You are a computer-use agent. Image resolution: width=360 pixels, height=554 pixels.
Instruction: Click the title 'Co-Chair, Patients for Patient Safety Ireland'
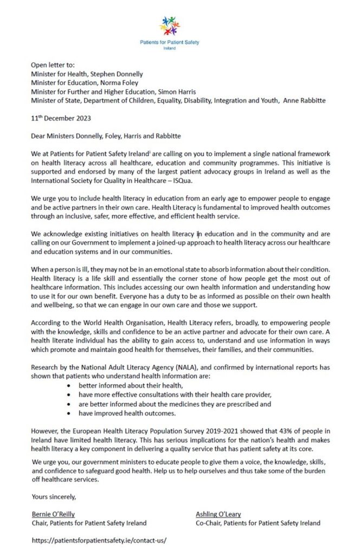[x=258, y=523]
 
